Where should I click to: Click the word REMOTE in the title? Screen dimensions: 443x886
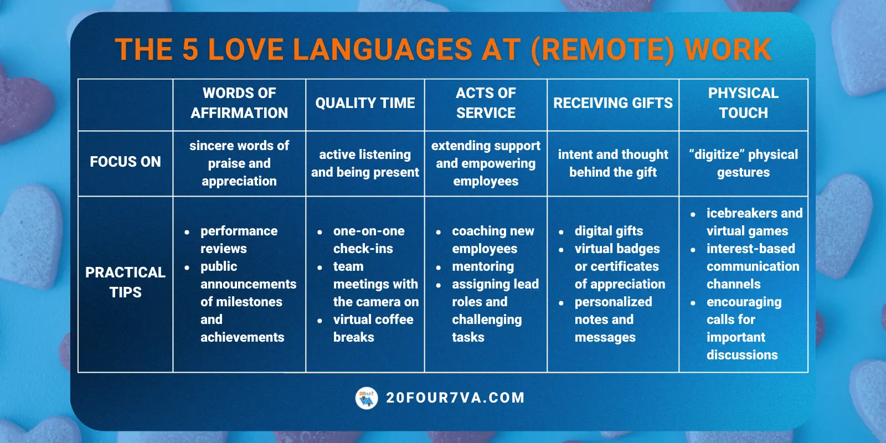[x=602, y=50]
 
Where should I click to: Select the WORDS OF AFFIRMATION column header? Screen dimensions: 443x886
[x=239, y=103]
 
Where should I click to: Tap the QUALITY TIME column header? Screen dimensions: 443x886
[x=365, y=103]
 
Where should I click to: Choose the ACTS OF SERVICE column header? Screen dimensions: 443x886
[x=486, y=103]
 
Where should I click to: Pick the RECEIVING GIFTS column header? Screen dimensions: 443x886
[x=613, y=103]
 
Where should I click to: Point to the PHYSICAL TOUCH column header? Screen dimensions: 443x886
[x=743, y=103]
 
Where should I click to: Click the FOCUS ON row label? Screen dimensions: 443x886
[x=125, y=162]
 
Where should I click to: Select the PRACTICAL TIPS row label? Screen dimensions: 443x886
[x=125, y=282]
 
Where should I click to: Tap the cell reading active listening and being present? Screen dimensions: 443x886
[x=365, y=163]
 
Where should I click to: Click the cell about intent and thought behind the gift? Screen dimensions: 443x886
[x=613, y=163]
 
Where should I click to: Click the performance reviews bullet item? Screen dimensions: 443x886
[x=238, y=240]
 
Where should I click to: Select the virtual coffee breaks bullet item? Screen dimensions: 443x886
[x=372, y=328]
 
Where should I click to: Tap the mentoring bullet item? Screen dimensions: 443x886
[x=483, y=266]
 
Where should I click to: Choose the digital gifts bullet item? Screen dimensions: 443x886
[x=609, y=231]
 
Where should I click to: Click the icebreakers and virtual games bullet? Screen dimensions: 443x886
[x=753, y=222]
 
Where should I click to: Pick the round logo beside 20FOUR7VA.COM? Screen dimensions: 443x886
[x=367, y=398]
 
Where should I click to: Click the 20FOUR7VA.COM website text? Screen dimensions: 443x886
[x=455, y=398]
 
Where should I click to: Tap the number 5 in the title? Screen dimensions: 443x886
[x=190, y=50]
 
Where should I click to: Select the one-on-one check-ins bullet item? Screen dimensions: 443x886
[x=368, y=240]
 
